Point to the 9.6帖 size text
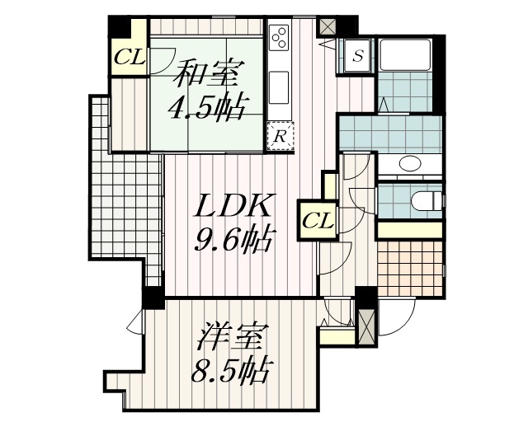coord(234,240)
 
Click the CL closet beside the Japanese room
coord(130,57)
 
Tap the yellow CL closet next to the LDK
coord(318,221)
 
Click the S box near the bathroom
coord(358,56)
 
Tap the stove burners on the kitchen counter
coord(280,38)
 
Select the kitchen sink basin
coord(280,85)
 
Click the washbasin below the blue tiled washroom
coord(409,163)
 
